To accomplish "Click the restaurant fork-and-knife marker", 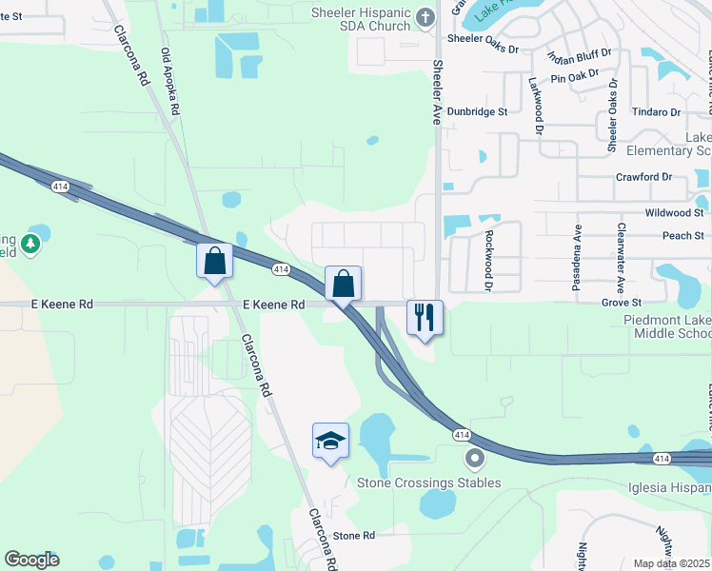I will (425, 318).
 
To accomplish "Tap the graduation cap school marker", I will (330, 441).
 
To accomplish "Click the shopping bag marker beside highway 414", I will (343, 284).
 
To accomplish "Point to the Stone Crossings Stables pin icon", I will (475, 460).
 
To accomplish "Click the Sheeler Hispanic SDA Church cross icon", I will (425, 16).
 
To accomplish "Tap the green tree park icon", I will (31, 244).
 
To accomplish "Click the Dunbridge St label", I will (478, 111).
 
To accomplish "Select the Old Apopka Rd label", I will (169, 83).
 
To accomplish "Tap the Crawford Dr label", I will (643, 177).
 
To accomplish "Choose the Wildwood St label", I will (674, 213).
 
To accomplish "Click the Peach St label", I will (682, 235).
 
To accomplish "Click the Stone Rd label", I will (354, 536).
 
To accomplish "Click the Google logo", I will (31, 560).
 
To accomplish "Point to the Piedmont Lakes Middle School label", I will (666, 326).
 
